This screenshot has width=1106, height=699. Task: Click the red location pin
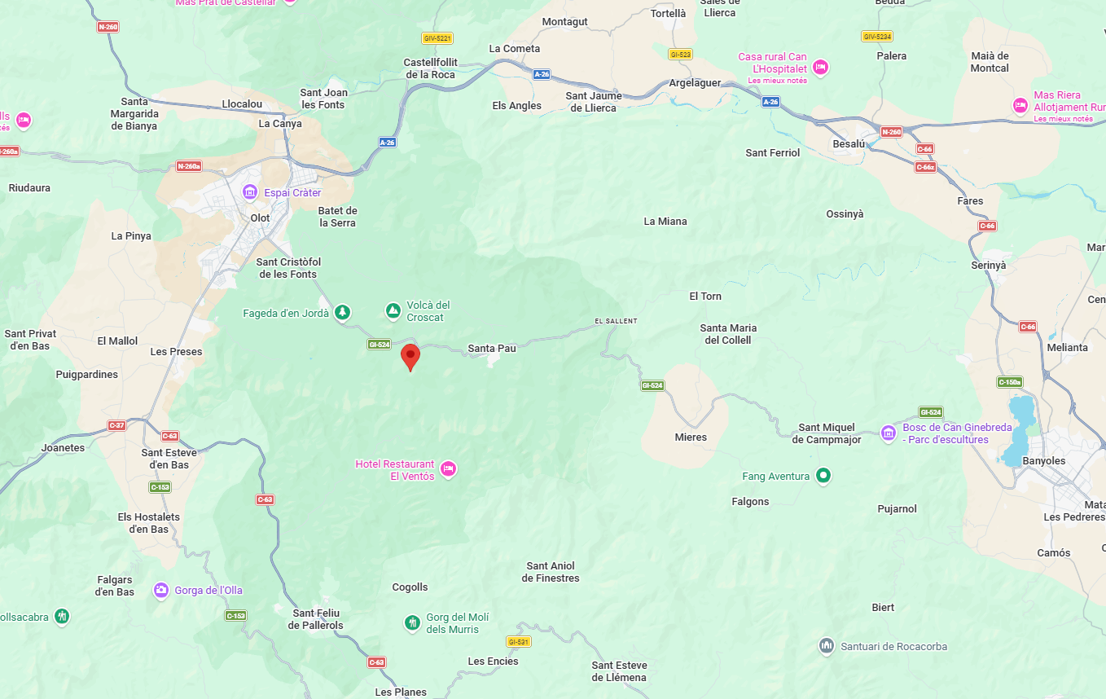pos(410,356)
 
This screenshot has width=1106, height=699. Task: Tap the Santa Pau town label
pos(492,349)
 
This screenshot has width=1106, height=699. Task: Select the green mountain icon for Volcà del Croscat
pos(393,311)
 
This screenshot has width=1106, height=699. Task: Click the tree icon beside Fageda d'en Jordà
pos(343,312)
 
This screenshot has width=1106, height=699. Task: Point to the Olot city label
pos(261,218)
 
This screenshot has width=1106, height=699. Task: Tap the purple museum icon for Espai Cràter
pos(251,192)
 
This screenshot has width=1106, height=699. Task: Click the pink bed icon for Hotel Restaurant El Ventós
pos(447,469)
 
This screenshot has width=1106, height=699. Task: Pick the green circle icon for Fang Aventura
pos(823,475)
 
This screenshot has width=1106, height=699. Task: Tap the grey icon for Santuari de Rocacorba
pos(827,646)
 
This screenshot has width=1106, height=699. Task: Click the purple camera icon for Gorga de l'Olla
pos(161,590)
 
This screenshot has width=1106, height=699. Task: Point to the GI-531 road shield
pos(519,642)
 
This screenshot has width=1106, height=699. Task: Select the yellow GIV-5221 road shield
pos(437,38)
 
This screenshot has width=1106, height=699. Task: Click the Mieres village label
pos(691,437)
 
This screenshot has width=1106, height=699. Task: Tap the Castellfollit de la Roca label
pos(431,68)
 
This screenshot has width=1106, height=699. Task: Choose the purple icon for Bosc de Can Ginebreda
pos(889,433)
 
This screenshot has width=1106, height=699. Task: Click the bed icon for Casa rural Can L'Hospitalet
pos(820,67)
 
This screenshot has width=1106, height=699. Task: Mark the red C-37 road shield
pos(117,425)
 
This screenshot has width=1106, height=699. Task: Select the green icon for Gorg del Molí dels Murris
pos(413,623)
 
